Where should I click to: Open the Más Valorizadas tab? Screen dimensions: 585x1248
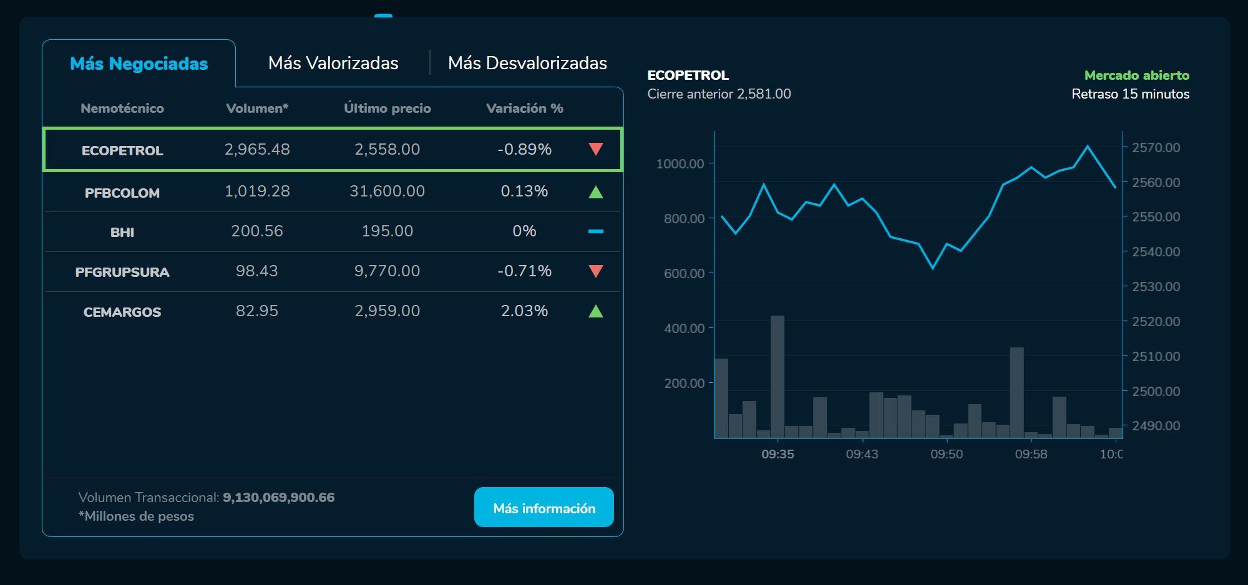[x=333, y=63]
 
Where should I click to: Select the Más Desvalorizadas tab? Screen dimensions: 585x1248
[x=527, y=63]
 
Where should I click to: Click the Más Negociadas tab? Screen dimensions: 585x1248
[x=139, y=64]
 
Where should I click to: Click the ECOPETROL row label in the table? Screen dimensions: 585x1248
[x=122, y=150]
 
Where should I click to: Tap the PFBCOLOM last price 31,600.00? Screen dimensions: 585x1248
[x=387, y=191]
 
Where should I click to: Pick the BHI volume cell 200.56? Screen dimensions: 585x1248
[x=257, y=231]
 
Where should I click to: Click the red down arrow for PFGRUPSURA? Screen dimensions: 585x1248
[x=595, y=271]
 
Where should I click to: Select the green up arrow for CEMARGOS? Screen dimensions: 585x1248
[x=595, y=311]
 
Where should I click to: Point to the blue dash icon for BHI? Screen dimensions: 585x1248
[x=595, y=231]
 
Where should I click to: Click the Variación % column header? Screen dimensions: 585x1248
[x=524, y=109]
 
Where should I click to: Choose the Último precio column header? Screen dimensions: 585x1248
[x=387, y=109]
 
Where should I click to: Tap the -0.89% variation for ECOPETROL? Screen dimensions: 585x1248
[x=524, y=150]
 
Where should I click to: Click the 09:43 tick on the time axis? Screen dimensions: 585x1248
[x=862, y=454]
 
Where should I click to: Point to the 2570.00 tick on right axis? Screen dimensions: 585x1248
[x=1156, y=148]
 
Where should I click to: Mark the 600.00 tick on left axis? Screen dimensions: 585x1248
[x=684, y=273]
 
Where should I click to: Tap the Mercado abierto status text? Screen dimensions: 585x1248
[x=1136, y=75]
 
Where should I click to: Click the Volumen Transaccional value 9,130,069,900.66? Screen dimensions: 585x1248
[x=278, y=498]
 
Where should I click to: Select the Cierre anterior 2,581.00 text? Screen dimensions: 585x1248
[x=719, y=94]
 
